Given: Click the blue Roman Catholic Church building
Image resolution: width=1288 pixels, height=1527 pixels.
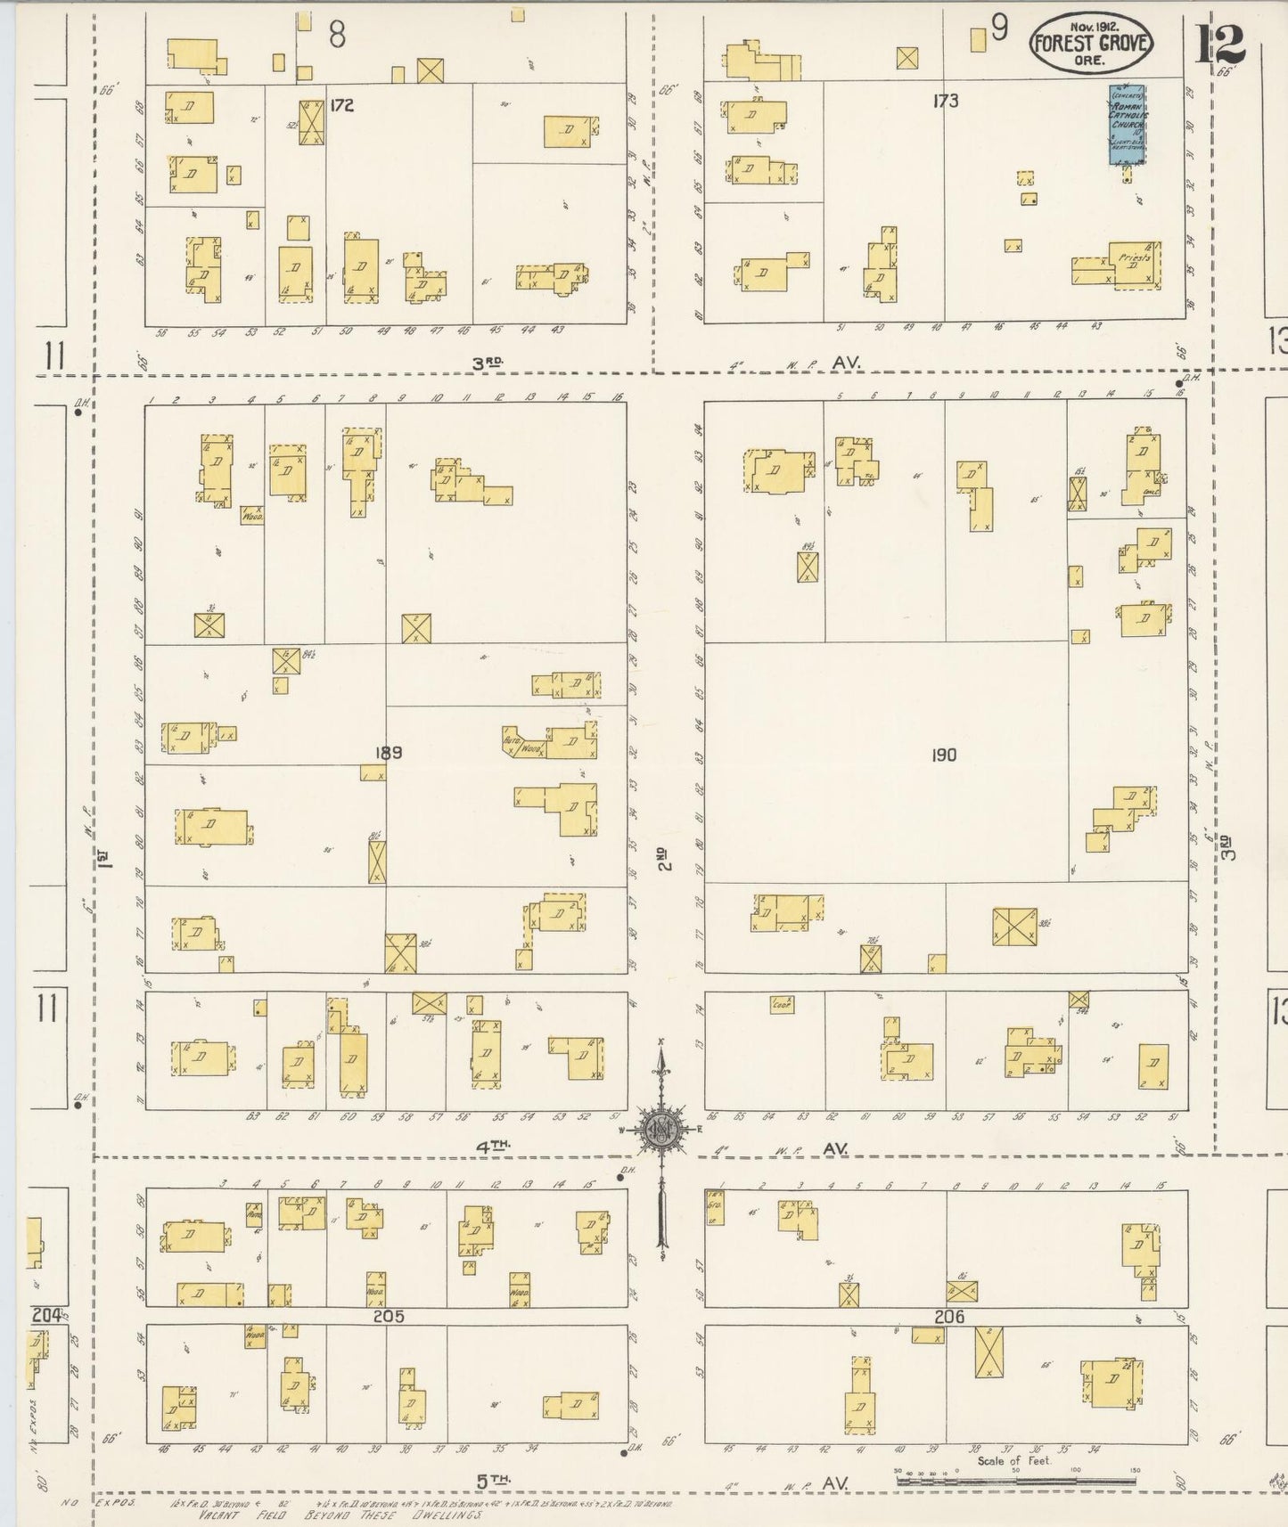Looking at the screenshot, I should (x=1127, y=125).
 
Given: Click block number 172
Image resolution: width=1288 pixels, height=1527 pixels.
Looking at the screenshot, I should (x=341, y=105).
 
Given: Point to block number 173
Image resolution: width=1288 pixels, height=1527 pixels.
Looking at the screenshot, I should (x=945, y=101).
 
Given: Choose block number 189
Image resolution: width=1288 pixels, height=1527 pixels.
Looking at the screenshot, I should (x=389, y=753).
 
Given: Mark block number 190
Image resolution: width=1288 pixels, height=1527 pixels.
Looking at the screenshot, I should (x=943, y=755).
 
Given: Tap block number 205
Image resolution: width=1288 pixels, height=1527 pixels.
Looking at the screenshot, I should (x=389, y=1316).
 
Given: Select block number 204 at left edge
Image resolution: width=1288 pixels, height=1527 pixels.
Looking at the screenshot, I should (x=46, y=1315).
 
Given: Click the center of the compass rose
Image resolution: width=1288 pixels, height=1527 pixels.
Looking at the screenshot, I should (x=662, y=1131).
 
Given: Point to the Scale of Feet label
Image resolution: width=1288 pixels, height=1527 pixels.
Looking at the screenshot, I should (x=1013, y=1460).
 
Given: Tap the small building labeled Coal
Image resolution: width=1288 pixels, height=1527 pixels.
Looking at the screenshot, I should (x=783, y=1004).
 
